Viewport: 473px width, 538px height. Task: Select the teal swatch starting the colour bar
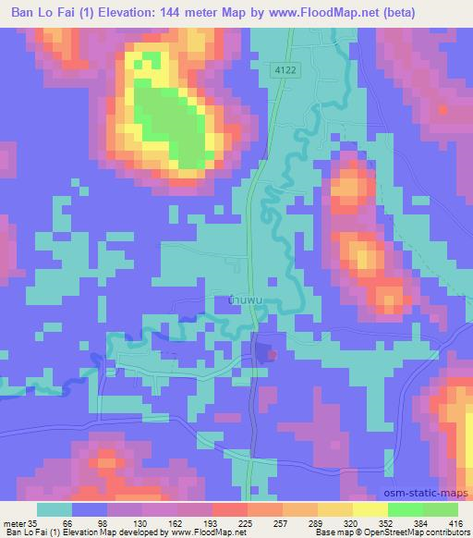(54, 510)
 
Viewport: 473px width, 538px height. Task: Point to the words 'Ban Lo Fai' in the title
(37, 12)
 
